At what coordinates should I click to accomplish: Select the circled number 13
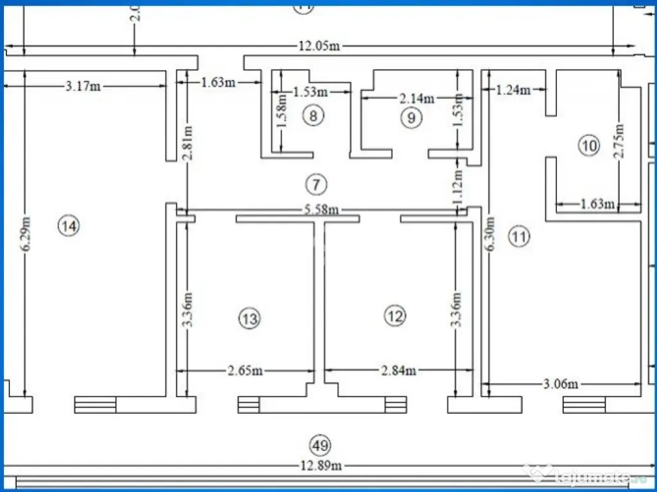point(250,318)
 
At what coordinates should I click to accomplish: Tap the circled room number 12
point(395,315)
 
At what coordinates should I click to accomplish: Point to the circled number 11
point(519,237)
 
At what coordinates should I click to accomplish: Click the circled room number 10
point(588,146)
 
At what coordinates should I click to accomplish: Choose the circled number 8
point(313,116)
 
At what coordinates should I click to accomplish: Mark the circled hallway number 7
point(316,185)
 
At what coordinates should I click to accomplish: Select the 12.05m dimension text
point(319,46)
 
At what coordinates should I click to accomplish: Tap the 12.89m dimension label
point(319,466)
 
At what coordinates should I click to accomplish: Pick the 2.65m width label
point(245,370)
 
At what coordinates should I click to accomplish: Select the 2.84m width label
point(398,370)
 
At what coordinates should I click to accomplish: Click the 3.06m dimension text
point(561,384)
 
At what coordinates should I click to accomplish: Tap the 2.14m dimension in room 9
point(417,98)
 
